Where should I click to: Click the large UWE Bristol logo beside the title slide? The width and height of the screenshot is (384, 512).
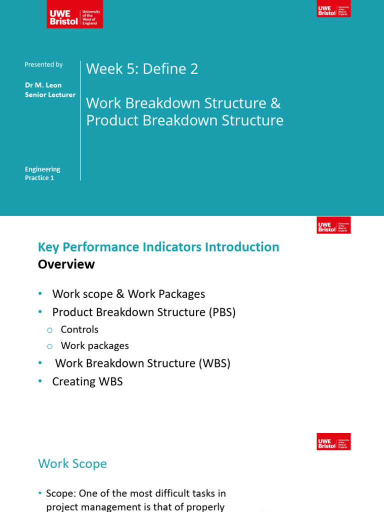pyautogui.click(x=74, y=14)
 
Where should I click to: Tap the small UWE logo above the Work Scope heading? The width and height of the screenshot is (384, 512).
pyautogui.click(x=333, y=441)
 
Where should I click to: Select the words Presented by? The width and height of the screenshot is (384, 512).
pyautogui.click(x=43, y=64)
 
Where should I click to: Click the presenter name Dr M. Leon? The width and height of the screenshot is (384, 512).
pyautogui.click(x=43, y=85)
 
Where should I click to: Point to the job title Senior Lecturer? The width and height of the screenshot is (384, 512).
pyautogui.click(x=50, y=94)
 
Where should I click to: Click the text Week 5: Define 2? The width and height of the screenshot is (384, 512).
pyautogui.click(x=142, y=69)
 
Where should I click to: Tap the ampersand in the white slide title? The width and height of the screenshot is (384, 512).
pyautogui.click(x=275, y=103)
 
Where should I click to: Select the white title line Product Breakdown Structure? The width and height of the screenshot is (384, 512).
pyautogui.click(x=184, y=120)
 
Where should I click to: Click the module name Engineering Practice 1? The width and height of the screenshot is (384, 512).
pyautogui.click(x=42, y=173)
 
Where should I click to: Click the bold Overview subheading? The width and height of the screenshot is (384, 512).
pyautogui.click(x=66, y=264)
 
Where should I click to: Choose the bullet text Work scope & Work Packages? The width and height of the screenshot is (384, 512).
pyautogui.click(x=128, y=294)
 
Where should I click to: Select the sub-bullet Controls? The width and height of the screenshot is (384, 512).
pyautogui.click(x=79, y=329)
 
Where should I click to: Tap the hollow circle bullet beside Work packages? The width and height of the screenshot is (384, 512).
pyautogui.click(x=49, y=346)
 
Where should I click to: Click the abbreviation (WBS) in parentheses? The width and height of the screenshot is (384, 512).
pyautogui.click(x=214, y=363)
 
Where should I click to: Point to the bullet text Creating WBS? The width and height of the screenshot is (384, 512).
pyautogui.click(x=87, y=381)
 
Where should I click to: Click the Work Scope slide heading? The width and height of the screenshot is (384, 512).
pyautogui.click(x=72, y=463)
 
